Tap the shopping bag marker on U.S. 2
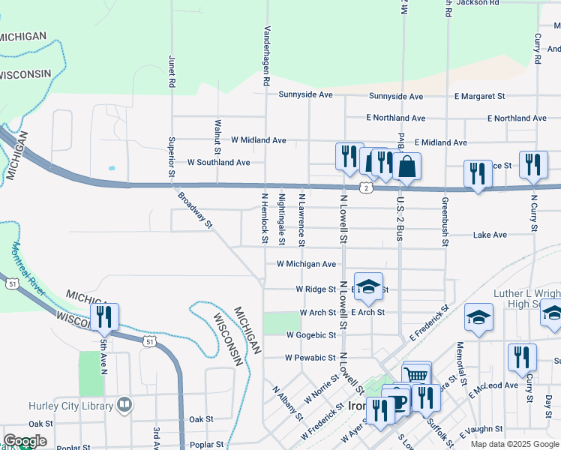[x=406, y=166]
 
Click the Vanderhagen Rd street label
[x=266, y=56]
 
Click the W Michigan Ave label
[x=306, y=264]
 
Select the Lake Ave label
[x=490, y=235]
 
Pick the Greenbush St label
[x=445, y=222]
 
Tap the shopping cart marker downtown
[x=416, y=375]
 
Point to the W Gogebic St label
[x=310, y=335]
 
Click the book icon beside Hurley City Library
[x=124, y=406]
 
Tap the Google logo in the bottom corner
[x=25, y=442]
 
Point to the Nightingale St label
[x=282, y=219]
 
